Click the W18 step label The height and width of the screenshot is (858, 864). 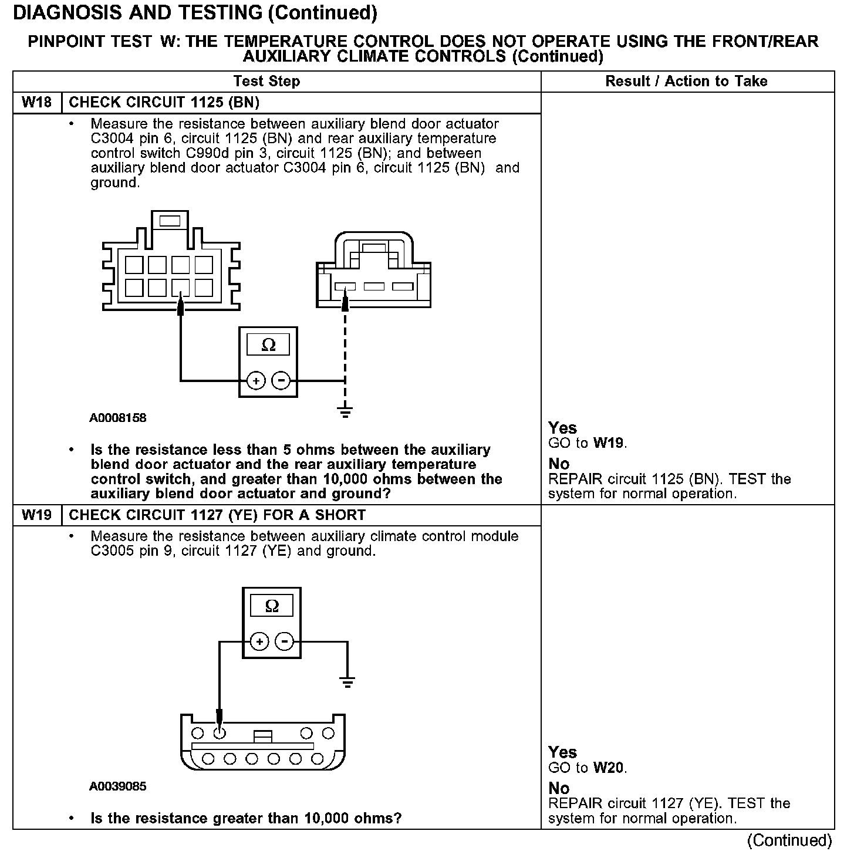36,103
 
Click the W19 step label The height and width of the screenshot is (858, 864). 36,515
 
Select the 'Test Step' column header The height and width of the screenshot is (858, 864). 266,82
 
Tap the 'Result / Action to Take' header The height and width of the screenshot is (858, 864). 686,82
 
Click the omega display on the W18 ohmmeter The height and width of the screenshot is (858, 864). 268,345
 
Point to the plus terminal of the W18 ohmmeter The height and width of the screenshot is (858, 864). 256,381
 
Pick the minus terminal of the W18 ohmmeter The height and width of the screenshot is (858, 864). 282,381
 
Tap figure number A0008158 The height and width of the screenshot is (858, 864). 118,418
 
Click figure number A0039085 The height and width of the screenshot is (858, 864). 118,786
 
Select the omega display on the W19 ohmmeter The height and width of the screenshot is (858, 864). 272,606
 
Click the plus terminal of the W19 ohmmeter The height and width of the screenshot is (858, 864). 259,642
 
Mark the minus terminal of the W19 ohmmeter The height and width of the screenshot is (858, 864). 285,642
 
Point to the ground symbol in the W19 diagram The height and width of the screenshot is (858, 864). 347,681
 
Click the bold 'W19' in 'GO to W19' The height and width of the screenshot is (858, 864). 609,443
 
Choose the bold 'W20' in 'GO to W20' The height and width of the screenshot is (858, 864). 609,768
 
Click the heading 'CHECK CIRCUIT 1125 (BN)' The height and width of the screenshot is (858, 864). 164,103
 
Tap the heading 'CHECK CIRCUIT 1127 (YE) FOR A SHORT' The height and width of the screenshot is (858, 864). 217,515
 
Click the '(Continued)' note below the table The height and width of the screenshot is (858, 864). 789,840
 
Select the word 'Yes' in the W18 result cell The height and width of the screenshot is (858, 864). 562,428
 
